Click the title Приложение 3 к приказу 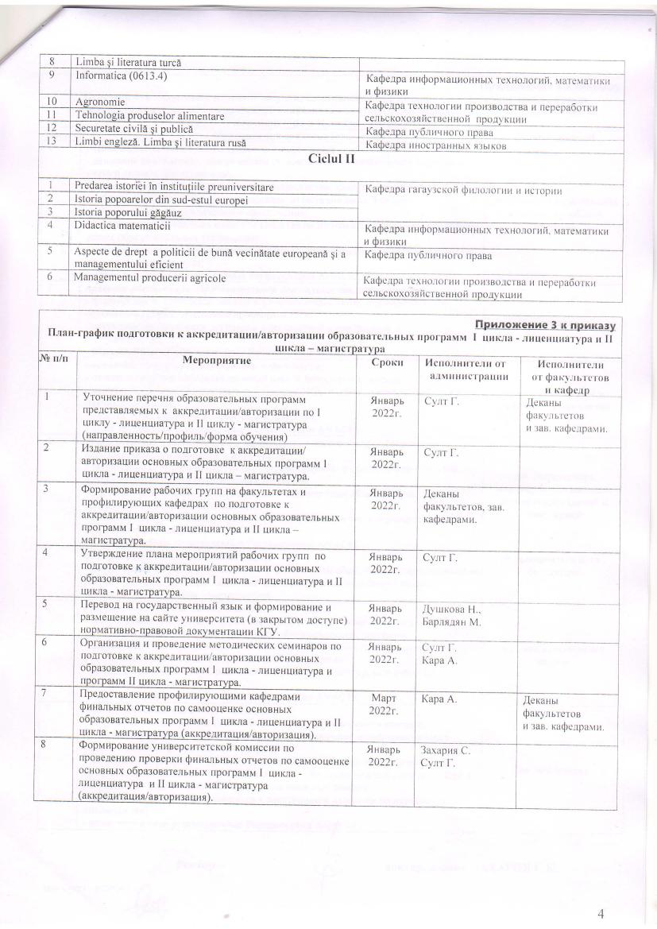pos(547,323)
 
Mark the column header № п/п pos(55,361)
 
